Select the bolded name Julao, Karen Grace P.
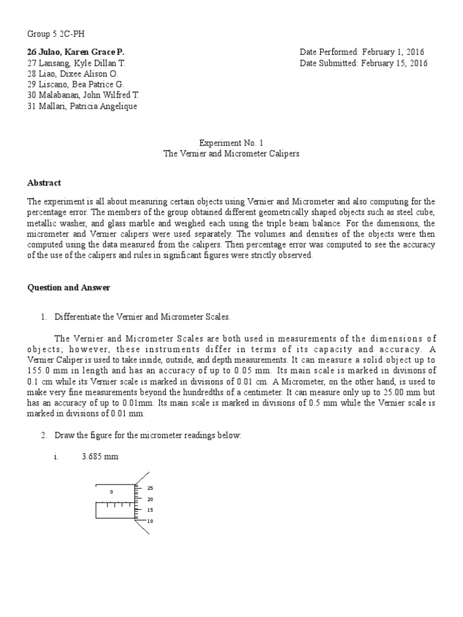pos(76,52)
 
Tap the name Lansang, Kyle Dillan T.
pos(77,63)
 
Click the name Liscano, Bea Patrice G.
pos(75,84)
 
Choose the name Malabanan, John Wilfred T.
pos(84,95)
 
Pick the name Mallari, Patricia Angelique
pos(83,106)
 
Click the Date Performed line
pos(362,52)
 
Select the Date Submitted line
pos(364,63)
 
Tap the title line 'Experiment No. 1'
pos(231,143)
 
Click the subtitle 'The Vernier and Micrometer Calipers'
pos(231,154)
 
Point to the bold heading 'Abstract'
pos(44,183)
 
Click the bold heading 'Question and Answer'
pos(69,287)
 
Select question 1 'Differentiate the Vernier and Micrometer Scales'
pos(142,316)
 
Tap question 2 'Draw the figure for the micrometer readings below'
pos(148,435)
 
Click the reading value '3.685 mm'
pos(100,457)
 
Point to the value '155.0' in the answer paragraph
pos(38,371)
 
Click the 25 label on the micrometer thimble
pos(150,489)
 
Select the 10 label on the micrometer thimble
pos(150,521)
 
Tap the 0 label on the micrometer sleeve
pos(112,492)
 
